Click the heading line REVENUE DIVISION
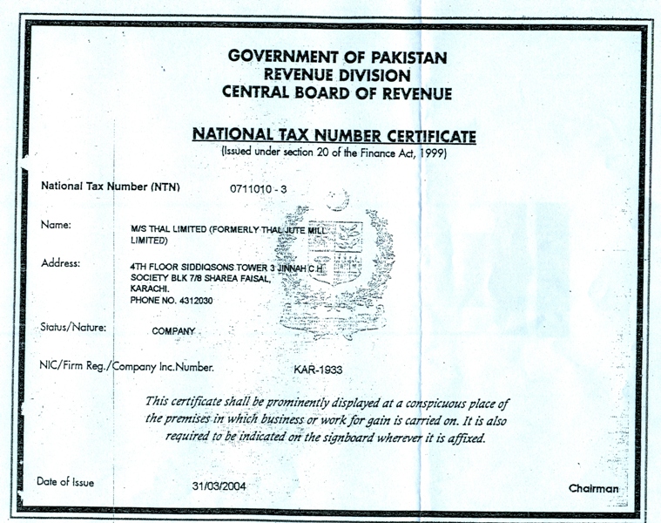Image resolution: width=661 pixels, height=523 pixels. point(337,74)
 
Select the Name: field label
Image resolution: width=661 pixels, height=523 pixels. point(56,225)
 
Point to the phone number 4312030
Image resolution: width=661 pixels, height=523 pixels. point(194,300)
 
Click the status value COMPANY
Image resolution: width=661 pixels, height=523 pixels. point(173,331)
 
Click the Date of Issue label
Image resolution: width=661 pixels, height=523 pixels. point(65,482)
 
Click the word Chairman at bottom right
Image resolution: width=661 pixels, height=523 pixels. point(594,488)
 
